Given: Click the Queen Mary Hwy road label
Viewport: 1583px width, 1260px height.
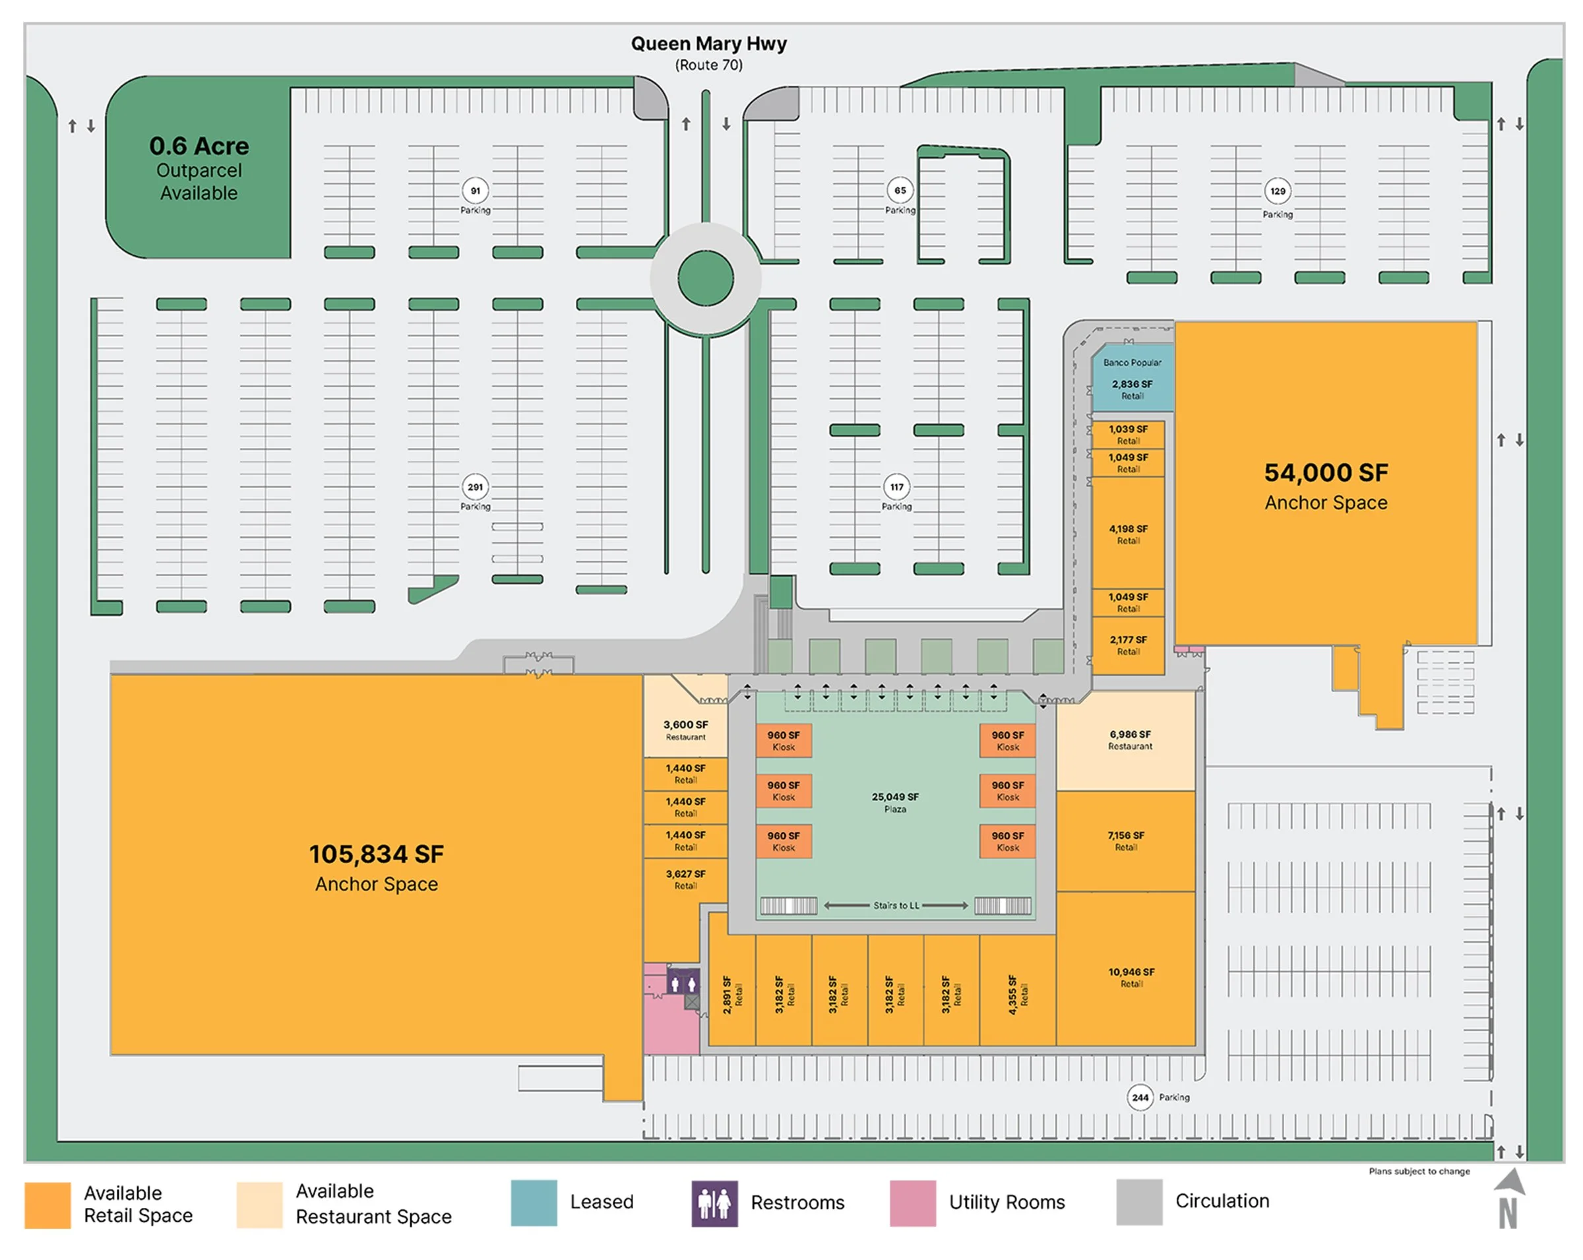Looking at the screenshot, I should [x=708, y=44].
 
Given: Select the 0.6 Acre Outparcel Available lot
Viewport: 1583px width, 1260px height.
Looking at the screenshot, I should [x=199, y=168].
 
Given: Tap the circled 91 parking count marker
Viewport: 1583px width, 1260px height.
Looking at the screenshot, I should [x=476, y=191].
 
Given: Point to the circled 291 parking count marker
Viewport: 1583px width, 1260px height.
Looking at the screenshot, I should [x=476, y=487].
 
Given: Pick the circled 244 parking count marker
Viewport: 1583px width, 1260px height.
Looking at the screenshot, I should [x=1140, y=1098].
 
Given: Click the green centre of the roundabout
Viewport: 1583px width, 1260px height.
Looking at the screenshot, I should [x=706, y=278].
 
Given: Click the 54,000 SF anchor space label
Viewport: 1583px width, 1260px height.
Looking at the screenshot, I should [x=1326, y=486].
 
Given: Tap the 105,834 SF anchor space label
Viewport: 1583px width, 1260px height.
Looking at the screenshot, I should [x=376, y=866].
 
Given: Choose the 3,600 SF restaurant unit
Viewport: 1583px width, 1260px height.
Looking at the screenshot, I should [x=686, y=730].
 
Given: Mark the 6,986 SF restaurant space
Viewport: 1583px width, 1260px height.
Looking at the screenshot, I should [x=1130, y=740].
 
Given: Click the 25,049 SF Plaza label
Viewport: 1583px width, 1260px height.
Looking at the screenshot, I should [x=895, y=802].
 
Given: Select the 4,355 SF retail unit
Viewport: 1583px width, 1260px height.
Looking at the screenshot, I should [x=1018, y=995].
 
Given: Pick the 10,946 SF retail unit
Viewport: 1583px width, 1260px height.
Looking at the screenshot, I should [x=1131, y=976].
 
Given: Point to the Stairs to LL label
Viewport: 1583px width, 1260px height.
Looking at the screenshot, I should [x=896, y=905].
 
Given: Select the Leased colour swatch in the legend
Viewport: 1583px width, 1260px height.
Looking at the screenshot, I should [x=534, y=1203].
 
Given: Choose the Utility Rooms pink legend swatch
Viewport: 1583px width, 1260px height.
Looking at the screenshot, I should [x=913, y=1203].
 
